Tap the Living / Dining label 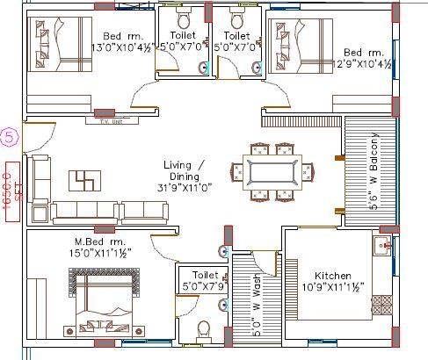pos(186,164)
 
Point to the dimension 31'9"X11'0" pos(186,186)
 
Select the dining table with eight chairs pos(272,171)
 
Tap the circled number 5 pos(9,137)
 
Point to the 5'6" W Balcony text pos(374,170)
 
